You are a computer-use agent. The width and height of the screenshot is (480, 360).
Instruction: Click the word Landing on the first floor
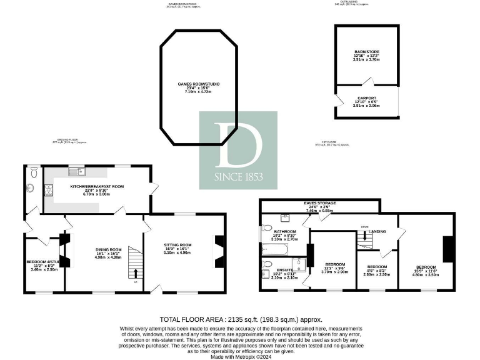tap(377, 231)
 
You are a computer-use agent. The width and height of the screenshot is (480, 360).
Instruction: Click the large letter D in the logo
tap(237, 144)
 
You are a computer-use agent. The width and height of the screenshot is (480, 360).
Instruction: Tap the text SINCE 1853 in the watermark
tap(237, 176)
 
